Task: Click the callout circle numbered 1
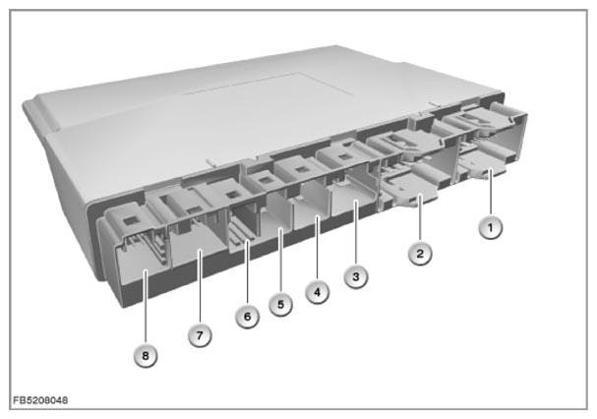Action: tap(491, 228)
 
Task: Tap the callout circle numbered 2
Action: tap(420, 254)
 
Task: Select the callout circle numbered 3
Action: tap(356, 276)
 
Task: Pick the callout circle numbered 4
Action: tap(317, 292)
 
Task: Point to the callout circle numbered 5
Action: tap(280, 304)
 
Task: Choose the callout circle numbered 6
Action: tap(247, 317)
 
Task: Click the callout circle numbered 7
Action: tap(200, 335)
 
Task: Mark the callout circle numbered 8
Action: tap(145, 356)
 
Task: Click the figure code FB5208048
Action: tap(40, 400)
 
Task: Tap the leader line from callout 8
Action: tap(145, 308)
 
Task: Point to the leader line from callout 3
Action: tap(356, 233)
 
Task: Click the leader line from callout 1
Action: tap(491, 194)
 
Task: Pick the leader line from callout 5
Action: tap(280, 261)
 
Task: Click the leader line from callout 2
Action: tap(420, 218)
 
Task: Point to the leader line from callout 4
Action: tap(317, 249)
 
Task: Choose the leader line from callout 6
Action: tap(247, 272)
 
